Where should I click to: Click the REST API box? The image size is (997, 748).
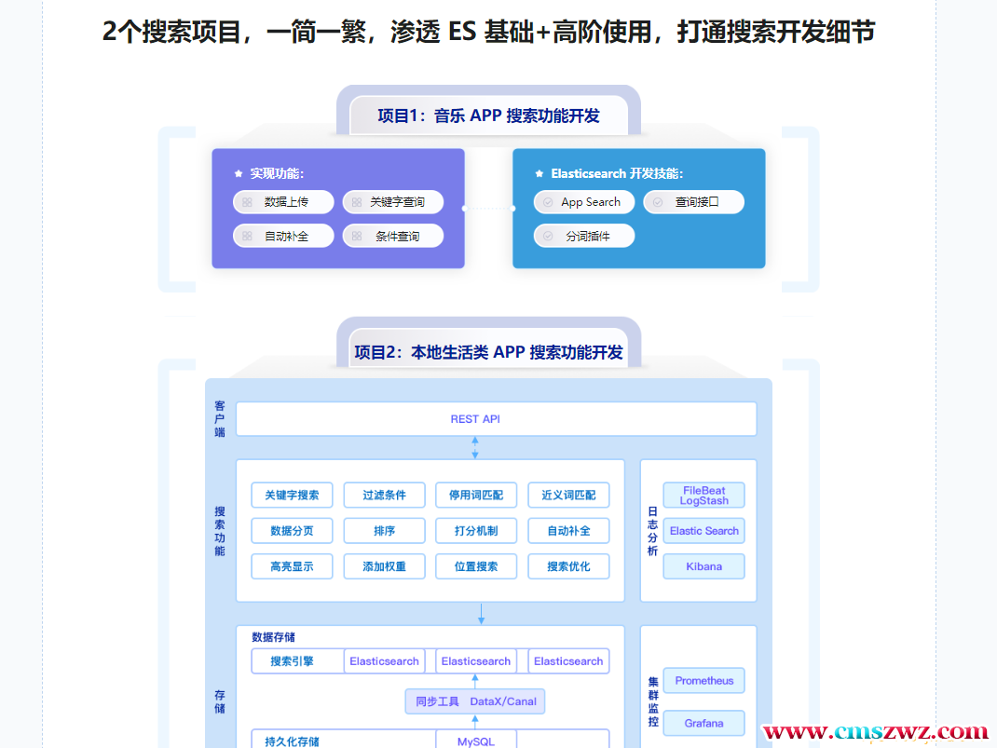point(496,419)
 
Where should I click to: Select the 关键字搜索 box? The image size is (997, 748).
point(292,495)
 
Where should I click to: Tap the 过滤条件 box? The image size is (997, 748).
point(384,495)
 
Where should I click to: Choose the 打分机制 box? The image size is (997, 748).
point(476,531)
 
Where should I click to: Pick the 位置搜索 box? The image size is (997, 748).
point(476,566)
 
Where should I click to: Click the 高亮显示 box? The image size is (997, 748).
point(292,566)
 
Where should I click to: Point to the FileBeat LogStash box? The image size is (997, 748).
point(703,496)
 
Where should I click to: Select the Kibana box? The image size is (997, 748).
point(703,566)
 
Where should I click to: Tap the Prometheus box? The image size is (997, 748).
point(703,681)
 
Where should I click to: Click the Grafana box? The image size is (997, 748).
point(703,723)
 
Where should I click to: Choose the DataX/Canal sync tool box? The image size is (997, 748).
point(475,701)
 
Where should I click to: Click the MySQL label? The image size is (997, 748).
point(475,741)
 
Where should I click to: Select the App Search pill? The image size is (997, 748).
point(584,202)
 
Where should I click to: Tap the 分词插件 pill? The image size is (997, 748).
point(584,237)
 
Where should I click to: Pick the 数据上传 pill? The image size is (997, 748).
point(283,202)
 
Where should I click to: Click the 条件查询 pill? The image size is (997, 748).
point(393,237)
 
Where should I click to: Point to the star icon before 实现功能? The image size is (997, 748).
point(239,174)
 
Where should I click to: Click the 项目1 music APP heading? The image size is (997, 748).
point(488,116)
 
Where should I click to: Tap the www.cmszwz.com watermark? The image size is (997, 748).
point(875,732)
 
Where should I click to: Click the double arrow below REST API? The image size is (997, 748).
point(475,448)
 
